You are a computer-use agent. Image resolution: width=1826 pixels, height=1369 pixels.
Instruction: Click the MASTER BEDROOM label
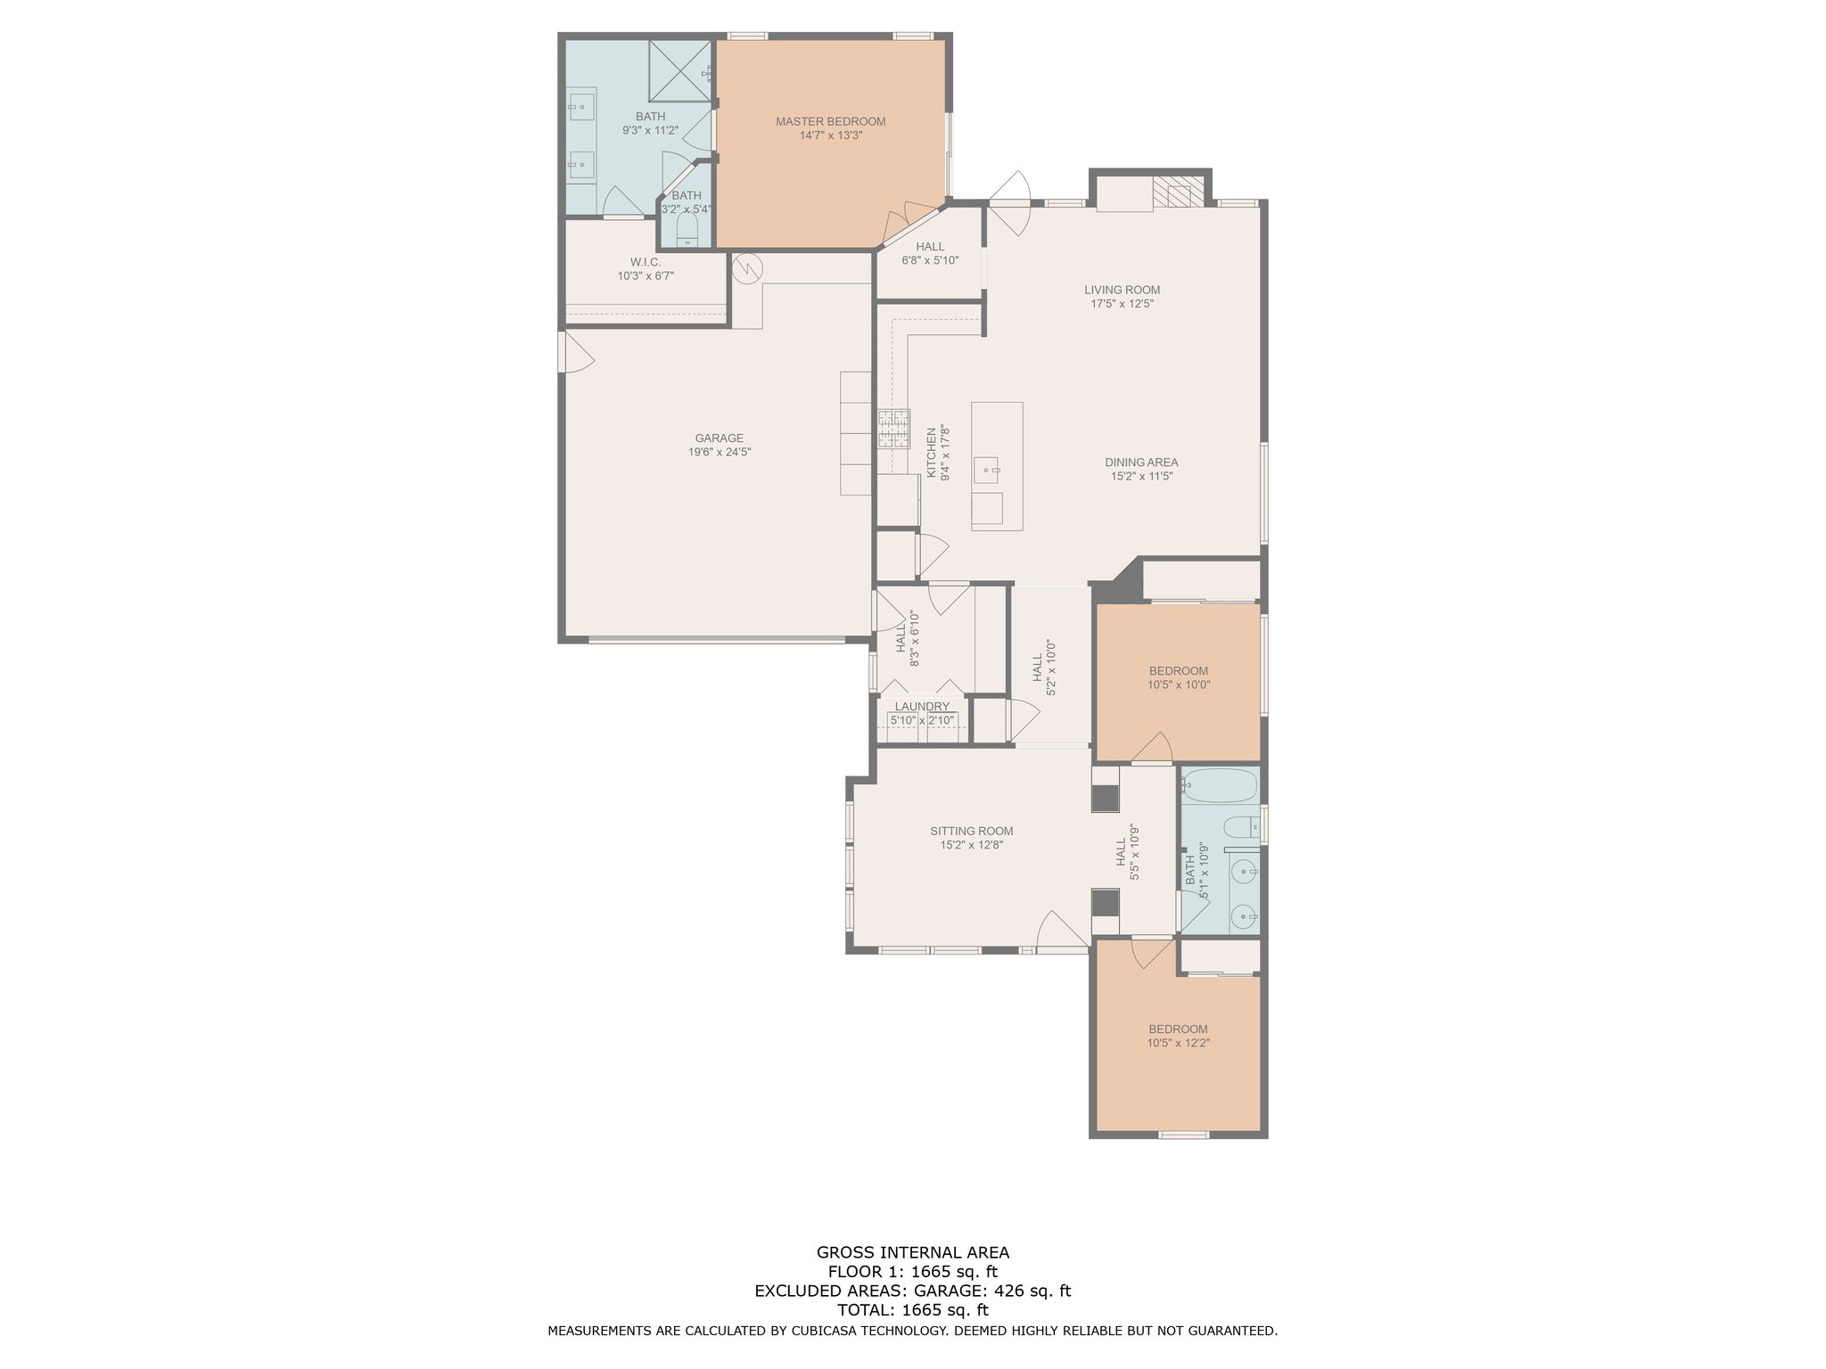(x=830, y=121)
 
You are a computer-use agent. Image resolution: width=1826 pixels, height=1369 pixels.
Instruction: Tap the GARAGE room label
(x=719, y=438)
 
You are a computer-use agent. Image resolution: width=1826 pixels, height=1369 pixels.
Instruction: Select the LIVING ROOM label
(x=1122, y=290)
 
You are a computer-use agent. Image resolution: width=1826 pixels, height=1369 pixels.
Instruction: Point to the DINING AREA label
(x=1141, y=463)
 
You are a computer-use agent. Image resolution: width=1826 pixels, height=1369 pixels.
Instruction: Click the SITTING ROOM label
(x=971, y=831)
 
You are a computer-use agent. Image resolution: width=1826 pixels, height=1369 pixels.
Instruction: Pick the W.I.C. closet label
(x=646, y=262)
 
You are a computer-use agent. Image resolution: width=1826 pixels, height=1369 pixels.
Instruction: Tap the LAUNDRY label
(x=922, y=707)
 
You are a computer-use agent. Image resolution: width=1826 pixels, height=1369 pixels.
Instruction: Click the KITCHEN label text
(x=932, y=452)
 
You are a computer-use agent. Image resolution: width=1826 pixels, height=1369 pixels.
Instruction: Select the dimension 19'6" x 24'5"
(x=719, y=452)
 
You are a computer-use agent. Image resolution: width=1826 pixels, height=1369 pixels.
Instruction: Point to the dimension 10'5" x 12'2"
(x=1178, y=1043)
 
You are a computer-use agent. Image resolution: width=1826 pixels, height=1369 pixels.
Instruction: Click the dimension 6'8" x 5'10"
(x=929, y=260)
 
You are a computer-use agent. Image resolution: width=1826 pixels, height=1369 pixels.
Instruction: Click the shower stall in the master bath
(x=681, y=71)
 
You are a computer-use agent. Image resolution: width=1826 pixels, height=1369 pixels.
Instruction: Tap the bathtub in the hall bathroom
(x=1219, y=785)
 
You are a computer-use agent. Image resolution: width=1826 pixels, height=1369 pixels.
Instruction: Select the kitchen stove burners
(x=893, y=428)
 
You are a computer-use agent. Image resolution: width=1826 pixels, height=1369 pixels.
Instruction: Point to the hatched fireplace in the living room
(x=1178, y=191)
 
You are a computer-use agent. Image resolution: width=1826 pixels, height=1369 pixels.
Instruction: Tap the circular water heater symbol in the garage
(x=747, y=267)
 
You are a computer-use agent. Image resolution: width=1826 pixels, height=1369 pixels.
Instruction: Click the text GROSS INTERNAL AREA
(x=913, y=1252)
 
